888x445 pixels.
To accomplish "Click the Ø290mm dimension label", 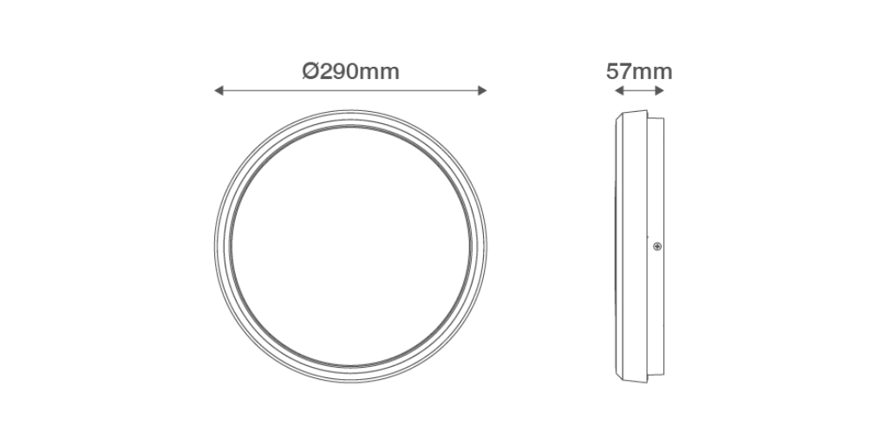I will [x=351, y=71].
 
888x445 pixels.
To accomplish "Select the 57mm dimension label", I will [x=639, y=71].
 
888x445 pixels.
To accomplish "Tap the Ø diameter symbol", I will [x=311, y=71].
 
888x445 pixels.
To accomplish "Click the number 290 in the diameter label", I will [x=339, y=71].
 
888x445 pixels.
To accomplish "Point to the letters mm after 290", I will [x=380, y=71].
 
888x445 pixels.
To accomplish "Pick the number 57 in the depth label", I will [x=618, y=71].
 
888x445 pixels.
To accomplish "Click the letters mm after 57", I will [x=652, y=71].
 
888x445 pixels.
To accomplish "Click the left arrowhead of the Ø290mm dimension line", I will [x=218, y=90].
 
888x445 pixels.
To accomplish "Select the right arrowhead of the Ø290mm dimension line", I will [x=484, y=90].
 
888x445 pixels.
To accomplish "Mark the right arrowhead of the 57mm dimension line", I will [x=662, y=90].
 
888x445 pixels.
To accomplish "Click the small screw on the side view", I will [x=656, y=247].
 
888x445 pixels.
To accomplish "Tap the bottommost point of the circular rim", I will [x=351, y=382].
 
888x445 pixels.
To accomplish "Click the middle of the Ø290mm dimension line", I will [x=351, y=90].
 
